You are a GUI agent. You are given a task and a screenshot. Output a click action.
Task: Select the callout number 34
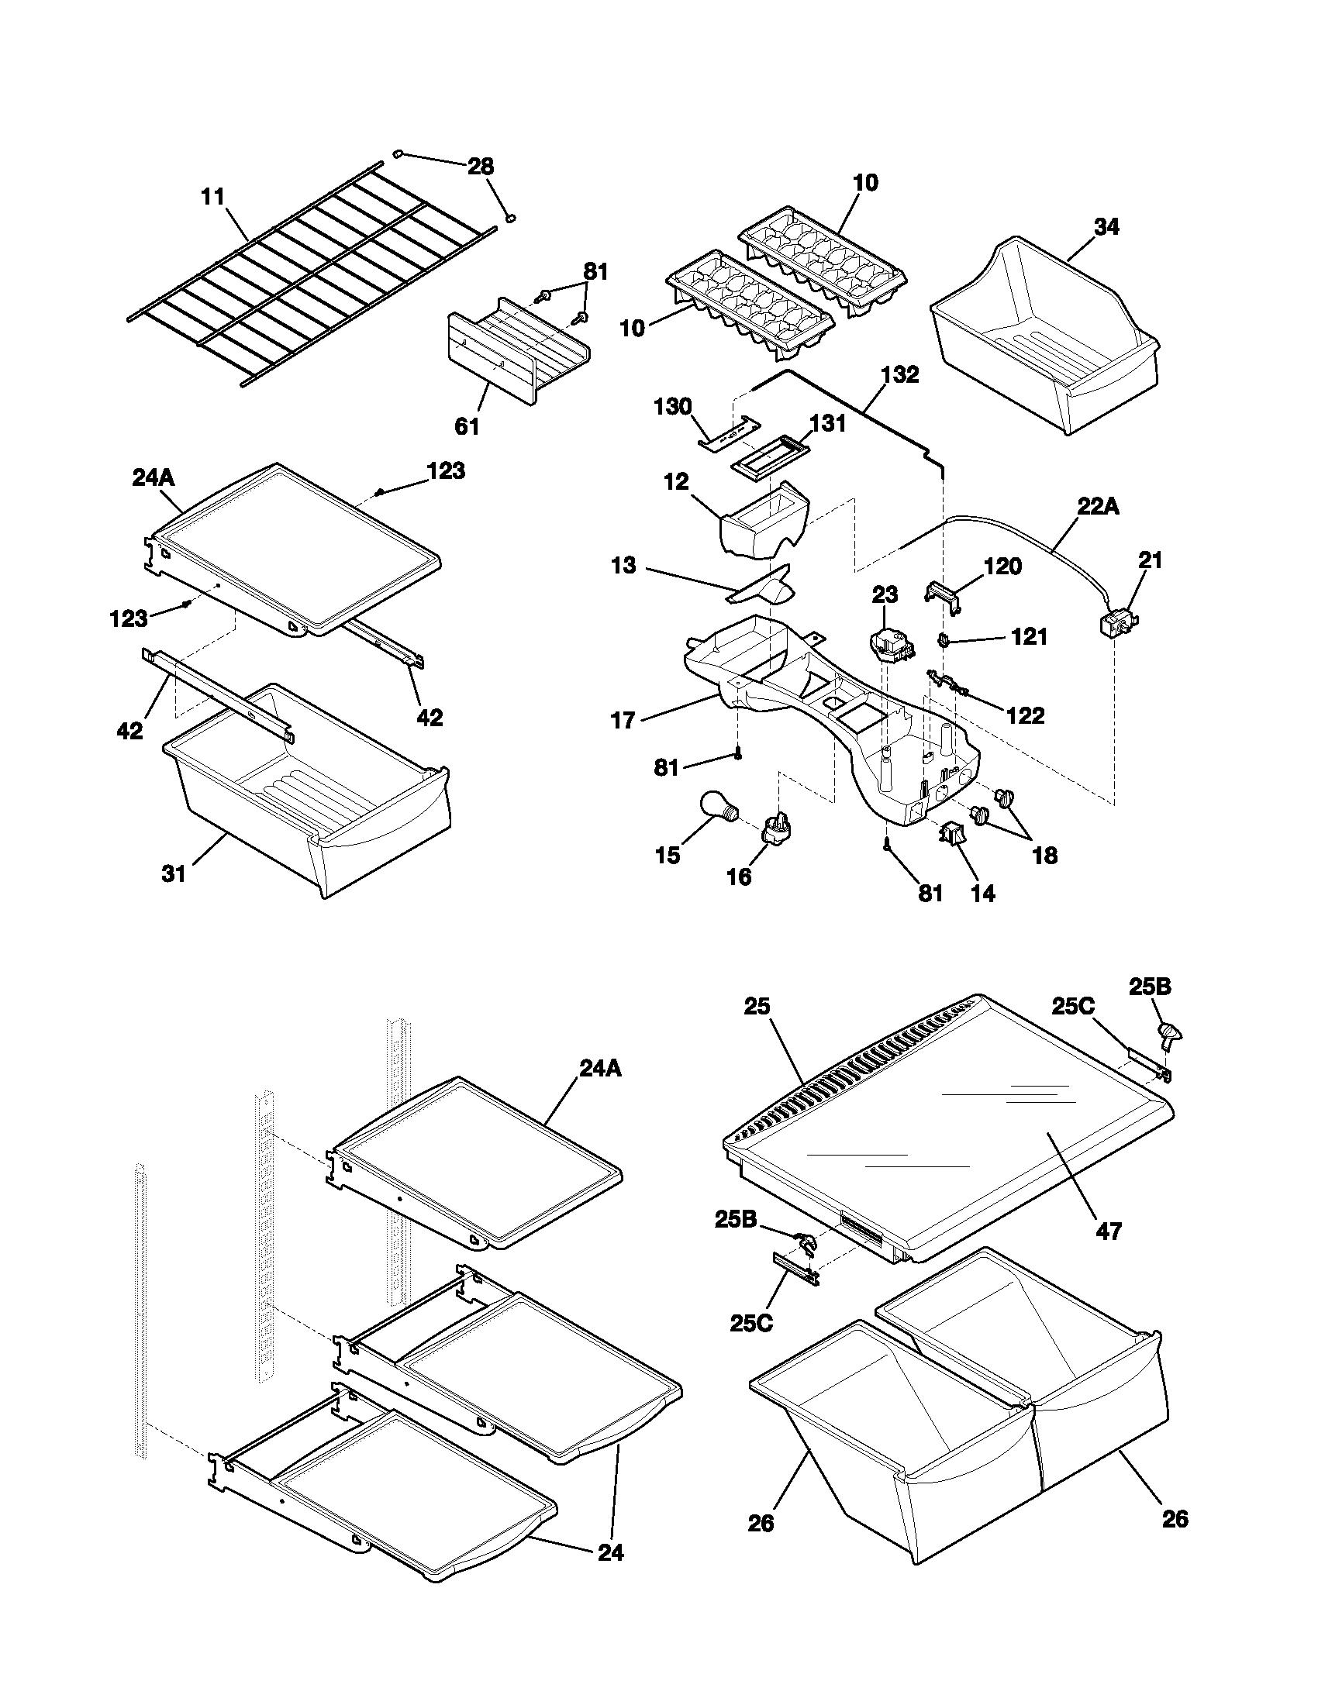1106,227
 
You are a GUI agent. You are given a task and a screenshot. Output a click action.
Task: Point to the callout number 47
1109,1232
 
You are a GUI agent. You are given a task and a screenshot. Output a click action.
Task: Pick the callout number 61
467,426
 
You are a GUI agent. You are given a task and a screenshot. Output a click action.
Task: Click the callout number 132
899,375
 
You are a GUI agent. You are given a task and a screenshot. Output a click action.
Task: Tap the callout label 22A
1098,507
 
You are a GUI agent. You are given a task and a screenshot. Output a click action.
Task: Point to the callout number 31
174,873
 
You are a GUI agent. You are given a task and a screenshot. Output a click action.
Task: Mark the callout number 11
212,196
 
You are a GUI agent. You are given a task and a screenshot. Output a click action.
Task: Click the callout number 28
480,166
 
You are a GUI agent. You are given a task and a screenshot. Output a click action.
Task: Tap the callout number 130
672,407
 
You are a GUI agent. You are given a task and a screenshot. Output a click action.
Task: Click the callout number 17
623,720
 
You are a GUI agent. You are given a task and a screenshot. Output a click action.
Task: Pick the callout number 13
623,565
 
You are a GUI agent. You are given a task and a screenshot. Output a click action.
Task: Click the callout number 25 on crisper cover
757,1007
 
